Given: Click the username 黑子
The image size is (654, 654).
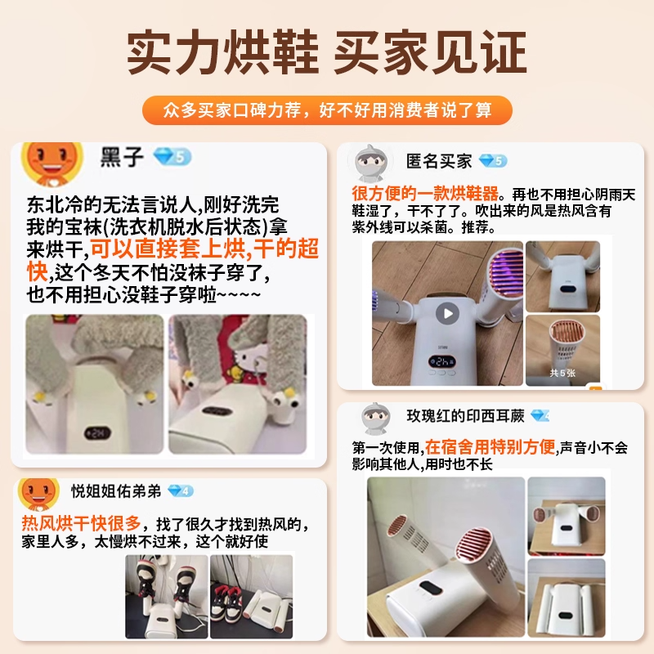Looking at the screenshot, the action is [122, 157].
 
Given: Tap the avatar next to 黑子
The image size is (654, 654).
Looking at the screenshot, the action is [52, 163].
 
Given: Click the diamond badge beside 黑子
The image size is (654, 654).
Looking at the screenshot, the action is [172, 157].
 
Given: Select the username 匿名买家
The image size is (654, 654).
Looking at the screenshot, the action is [439, 161].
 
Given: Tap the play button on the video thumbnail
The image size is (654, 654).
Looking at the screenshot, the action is [447, 313].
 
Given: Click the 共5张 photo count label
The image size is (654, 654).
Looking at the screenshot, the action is [562, 373].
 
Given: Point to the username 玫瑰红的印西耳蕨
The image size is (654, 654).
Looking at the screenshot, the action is [465, 416].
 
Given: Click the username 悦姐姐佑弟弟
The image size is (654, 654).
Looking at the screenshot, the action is [116, 491].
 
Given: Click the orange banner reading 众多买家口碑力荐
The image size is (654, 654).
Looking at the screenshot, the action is [327, 110].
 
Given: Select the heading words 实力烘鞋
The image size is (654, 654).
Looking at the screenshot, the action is [223, 52].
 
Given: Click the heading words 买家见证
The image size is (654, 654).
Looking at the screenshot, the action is [431, 52].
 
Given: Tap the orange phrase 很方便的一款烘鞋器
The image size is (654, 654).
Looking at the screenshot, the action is [425, 194].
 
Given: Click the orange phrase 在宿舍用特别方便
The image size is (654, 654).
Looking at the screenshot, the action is [490, 447].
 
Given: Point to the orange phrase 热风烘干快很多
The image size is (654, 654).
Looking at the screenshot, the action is [81, 523].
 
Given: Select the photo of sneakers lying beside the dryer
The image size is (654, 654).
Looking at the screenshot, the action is [252, 597].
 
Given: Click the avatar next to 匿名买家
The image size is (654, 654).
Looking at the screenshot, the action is [369, 163].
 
